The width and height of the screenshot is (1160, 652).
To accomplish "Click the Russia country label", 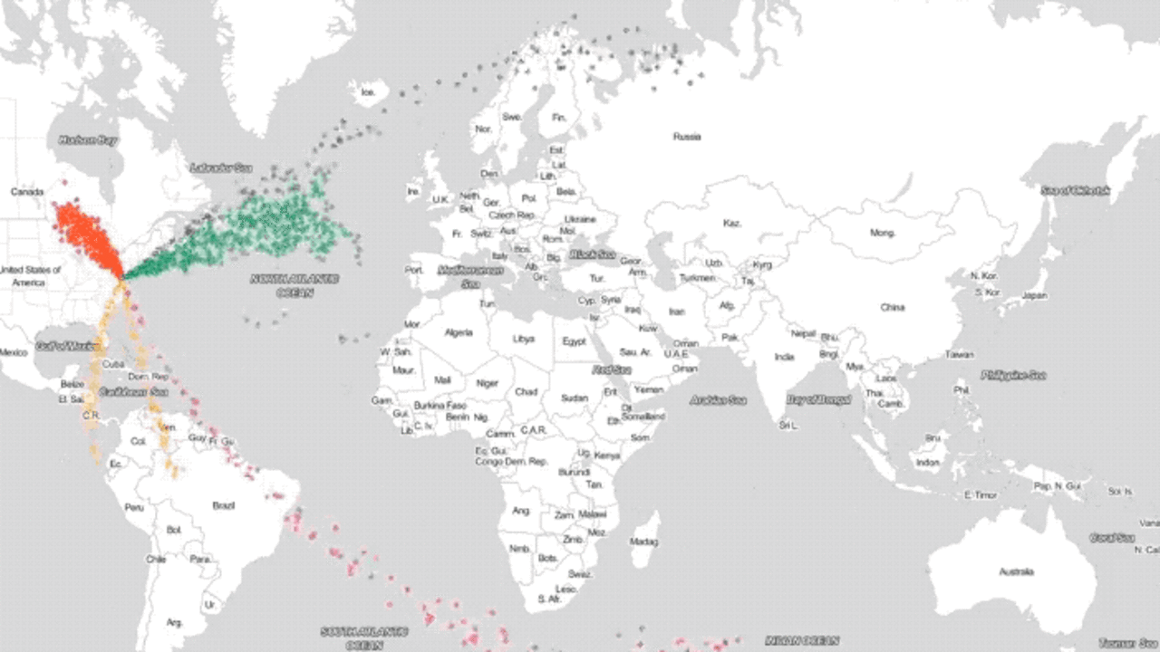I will [x=686, y=137].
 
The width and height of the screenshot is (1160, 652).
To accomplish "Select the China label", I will [x=892, y=307].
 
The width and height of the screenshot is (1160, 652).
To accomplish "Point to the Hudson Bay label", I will [x=88, y=140].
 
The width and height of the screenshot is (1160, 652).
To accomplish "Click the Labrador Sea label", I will [x=221, y=168].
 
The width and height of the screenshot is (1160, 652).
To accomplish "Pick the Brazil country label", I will [x=223, y=505].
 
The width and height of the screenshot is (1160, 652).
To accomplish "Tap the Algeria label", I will [x=459, y=332].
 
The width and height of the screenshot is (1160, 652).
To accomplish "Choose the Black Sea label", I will [x=593, y=254].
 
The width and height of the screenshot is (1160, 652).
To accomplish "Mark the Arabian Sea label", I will [x=718, y=399].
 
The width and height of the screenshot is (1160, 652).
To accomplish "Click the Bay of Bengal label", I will [x=819, y=399].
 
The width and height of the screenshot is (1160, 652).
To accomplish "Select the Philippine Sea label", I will [x=1013, y=375].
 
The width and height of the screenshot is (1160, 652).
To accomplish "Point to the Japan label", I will [x=1034, y=296].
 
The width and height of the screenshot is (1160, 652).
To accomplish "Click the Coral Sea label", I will [x=1112, y=537].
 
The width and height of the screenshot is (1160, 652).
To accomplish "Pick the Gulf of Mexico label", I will [x=66, y=346].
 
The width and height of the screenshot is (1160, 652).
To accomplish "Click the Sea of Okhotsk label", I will [x=1076, y=190].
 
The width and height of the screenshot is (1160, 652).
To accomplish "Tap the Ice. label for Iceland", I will [x=368, y=91].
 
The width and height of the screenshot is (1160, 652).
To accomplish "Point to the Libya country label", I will [x=524, y=339].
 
